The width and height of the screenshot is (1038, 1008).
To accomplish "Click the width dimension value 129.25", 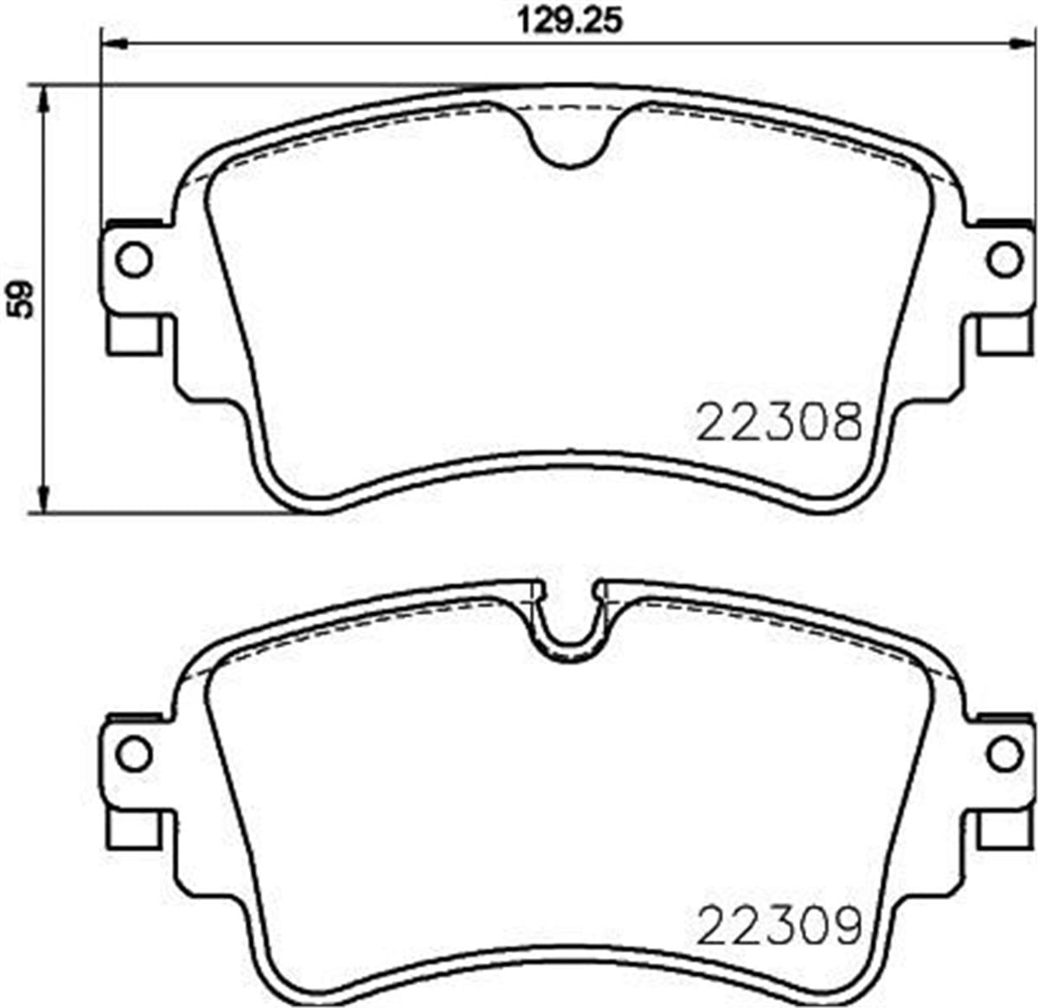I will coord(569,19).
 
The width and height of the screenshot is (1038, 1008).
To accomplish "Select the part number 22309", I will coord(779,923).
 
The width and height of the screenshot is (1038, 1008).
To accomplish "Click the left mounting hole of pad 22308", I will coord(133,259).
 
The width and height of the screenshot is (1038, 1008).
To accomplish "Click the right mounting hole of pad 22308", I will coord(1004,259).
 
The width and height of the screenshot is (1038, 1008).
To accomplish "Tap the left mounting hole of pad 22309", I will coord(133,753).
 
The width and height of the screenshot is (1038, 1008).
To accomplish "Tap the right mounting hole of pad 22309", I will coord(1004,753).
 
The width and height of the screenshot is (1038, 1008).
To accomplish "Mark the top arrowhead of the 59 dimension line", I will coord(42,97).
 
